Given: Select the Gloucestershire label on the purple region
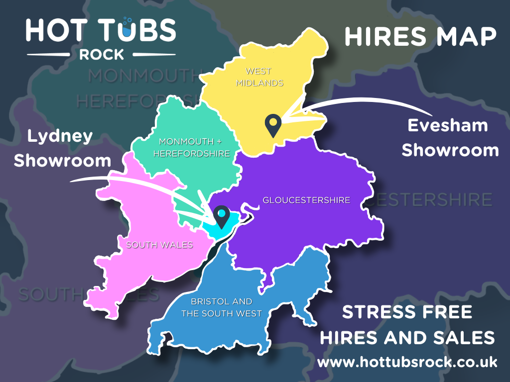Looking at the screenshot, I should tap(306, 200).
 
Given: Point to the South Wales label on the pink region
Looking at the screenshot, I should tap(159, 245).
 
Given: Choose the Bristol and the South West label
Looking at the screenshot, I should tap(222, 307).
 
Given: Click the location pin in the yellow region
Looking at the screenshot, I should tap(272, 125).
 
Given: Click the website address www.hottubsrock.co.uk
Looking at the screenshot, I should tap(407, 362).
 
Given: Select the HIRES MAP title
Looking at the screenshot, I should tap(420, 37).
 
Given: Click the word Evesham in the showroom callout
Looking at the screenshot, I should tap(448, 125).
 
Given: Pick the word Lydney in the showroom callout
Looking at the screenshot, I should tap(60, 136).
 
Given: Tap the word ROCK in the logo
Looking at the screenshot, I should tap(101, 54).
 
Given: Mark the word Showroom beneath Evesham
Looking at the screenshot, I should tap(450, 150).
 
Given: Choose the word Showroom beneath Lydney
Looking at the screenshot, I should tap(62, 160).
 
